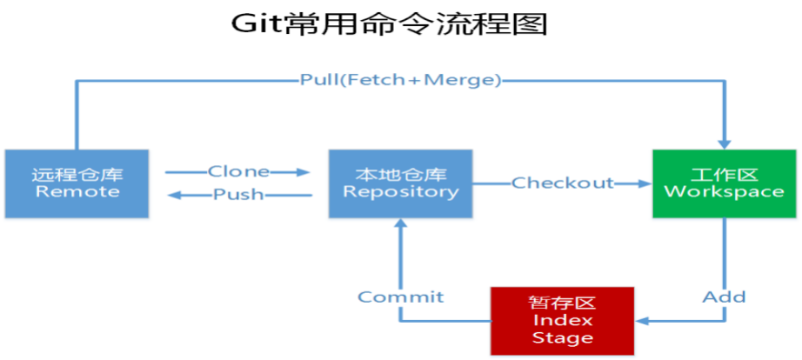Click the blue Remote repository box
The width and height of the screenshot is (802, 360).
[x=77, y=183]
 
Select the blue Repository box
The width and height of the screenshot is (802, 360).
[x=400, y=183]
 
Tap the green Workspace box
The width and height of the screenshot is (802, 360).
[x=724, y=183]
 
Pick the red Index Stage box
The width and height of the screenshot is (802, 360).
[x=562, y=320]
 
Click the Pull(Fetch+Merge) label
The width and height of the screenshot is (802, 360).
[x=401, y=80]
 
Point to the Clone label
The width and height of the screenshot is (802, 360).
[x=238, y=171]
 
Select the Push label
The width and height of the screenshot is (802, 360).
[x=238, y=194]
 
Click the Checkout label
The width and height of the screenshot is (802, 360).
[x=562, y=183]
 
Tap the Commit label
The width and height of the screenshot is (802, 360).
[x=401, y=297]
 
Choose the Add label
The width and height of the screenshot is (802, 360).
[x=724, y=297]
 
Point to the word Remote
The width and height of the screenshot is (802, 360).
[x=77, y=191]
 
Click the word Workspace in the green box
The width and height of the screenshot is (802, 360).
[x=724, y=191]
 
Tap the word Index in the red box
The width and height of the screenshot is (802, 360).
[x=562, y=320]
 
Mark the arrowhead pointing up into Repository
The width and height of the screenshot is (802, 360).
[x=400, y=224]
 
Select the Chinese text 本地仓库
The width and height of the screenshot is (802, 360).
[x=400, y=172]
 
